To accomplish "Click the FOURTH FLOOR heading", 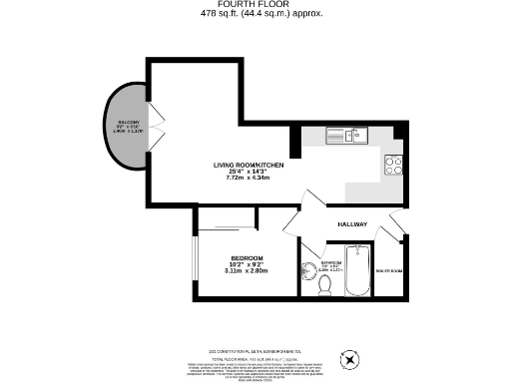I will tap(255, 6).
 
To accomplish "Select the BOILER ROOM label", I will tap(388, 270).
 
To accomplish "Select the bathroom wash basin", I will tap(305, 270).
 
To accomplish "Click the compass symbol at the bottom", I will tap(349, 358).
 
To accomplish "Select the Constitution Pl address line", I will tap(255, 351).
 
